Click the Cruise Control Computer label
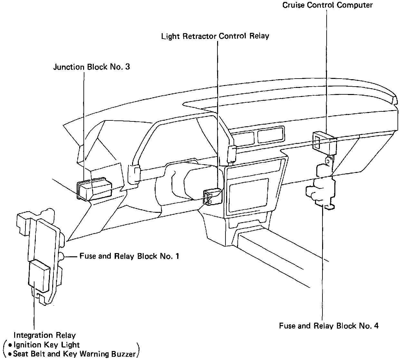[327, 5]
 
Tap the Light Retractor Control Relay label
[215, 36]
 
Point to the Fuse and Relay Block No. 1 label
[129, 256]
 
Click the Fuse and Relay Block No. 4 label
[329, 326]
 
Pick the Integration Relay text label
[44, 335]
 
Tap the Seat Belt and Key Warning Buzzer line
[72, 354]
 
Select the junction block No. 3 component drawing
[95, 190]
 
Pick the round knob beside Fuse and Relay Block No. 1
[62, 256]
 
